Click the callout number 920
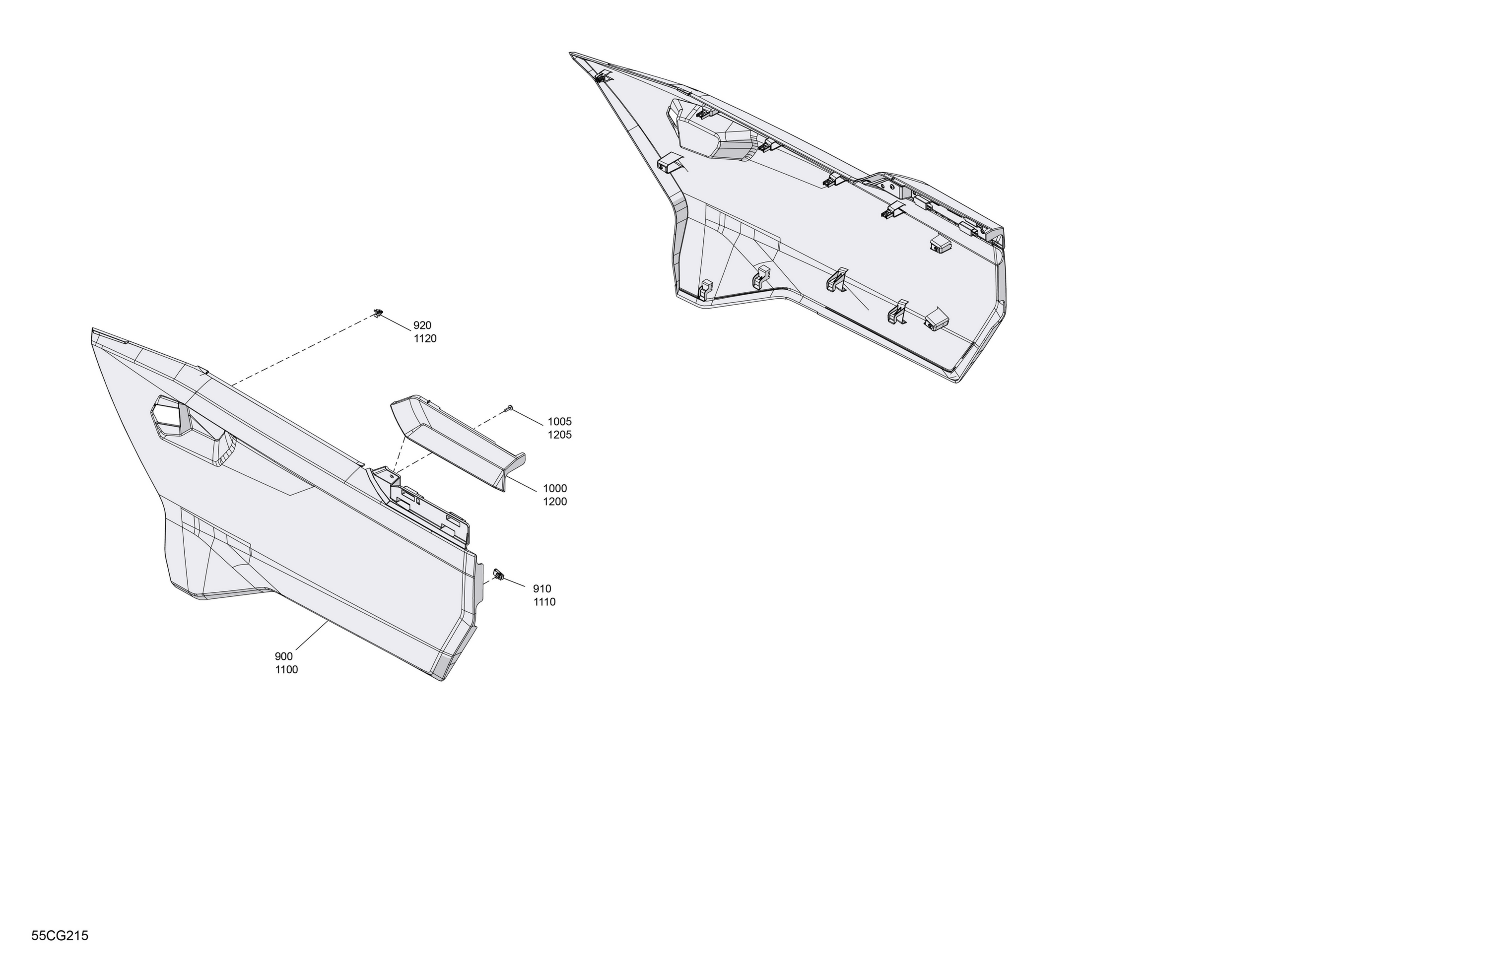[422, 325]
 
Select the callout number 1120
[425, 338]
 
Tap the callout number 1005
[560, 422]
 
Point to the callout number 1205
[560, 435]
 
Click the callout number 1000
[555, 488]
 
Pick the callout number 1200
[555, 502]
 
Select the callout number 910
[542, 588]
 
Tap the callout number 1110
[544, 602]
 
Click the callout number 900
[283, 656]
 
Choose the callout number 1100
[286, 669]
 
